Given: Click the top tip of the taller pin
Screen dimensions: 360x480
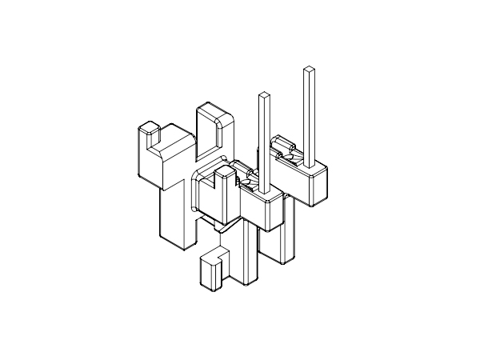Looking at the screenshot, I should (308, 70).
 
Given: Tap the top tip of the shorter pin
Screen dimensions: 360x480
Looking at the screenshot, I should (264, 95).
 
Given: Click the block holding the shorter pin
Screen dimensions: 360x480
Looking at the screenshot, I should (264, 210).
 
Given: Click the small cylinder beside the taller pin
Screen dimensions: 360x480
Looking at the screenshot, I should (281, 149).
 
